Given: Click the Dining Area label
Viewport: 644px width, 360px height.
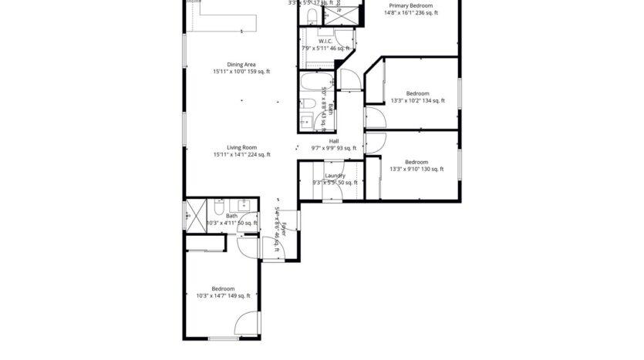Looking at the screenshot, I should click(x=241, y=65).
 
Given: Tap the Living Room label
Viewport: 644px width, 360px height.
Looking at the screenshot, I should click(x=241, y=147).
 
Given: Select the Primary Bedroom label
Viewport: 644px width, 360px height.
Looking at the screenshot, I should click(x=410, y=5).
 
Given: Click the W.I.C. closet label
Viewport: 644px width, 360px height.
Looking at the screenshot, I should click(x=325, y=42).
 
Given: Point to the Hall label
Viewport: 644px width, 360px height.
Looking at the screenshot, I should click(x=334, y=141).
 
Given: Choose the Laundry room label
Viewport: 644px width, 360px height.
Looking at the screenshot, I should click(x=335, y=176).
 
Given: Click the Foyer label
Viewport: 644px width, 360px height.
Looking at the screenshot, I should click(x=284, y=228).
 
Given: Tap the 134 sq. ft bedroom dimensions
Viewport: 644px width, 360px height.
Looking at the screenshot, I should click(x=417, y=100).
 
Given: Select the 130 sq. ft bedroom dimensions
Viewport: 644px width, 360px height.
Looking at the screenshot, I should click(x=416, y=169).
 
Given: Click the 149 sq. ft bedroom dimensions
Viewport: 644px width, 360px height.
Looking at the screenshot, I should click(x=223, y=295).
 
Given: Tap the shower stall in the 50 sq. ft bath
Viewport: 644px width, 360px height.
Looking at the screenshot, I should click(x=193, y=214).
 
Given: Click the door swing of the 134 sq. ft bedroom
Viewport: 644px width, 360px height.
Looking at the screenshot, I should click(x=374, y=117).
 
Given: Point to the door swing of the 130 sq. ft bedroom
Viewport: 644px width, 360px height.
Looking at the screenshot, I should click(x=375, y=143).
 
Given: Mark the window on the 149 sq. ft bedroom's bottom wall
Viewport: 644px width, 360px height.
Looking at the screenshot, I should click(x=223, y=338).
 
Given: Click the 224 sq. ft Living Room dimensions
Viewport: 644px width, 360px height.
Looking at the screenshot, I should click(x=241, y=155).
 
